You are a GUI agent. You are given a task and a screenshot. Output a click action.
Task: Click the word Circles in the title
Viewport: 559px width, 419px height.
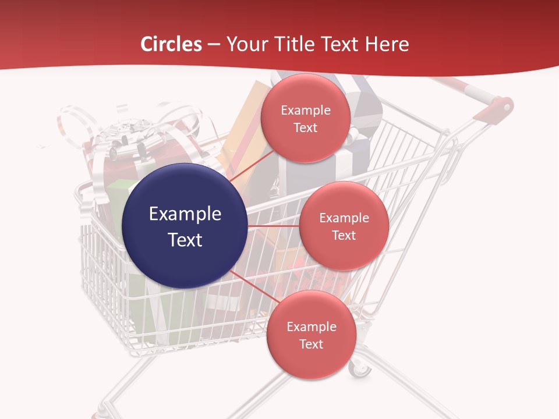coord(171,44)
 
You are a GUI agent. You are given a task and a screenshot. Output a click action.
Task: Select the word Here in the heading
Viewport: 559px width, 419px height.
coord(387,44)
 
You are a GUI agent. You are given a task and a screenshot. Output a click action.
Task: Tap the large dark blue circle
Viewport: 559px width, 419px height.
coord(185,226)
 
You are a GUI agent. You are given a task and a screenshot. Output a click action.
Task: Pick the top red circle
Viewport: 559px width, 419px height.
coord(305,118)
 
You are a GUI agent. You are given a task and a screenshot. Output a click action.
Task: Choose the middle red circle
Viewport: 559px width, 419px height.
coord(344,226)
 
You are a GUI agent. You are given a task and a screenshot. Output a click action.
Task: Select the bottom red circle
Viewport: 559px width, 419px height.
coord(311,335)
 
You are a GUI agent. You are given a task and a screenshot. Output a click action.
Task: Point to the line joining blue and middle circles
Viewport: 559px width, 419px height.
coord(273,226)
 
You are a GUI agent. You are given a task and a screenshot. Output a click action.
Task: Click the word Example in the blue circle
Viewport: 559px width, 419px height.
coord(185,214)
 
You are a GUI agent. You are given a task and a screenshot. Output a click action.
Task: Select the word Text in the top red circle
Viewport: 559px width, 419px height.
coord(305,127)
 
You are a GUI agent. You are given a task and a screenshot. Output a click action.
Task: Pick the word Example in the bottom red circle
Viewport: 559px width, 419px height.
coord(311,326)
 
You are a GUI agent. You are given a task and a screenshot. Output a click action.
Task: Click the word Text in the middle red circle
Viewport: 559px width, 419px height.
coord(344,235)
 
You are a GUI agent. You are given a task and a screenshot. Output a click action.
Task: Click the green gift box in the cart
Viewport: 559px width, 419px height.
coord(119,192)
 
